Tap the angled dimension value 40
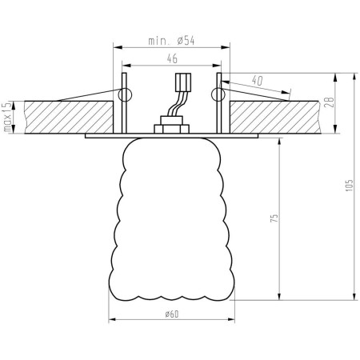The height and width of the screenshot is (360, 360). (258, 80)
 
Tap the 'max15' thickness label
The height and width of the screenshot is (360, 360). (7, 116)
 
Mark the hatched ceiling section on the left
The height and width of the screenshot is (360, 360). (64, 116)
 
